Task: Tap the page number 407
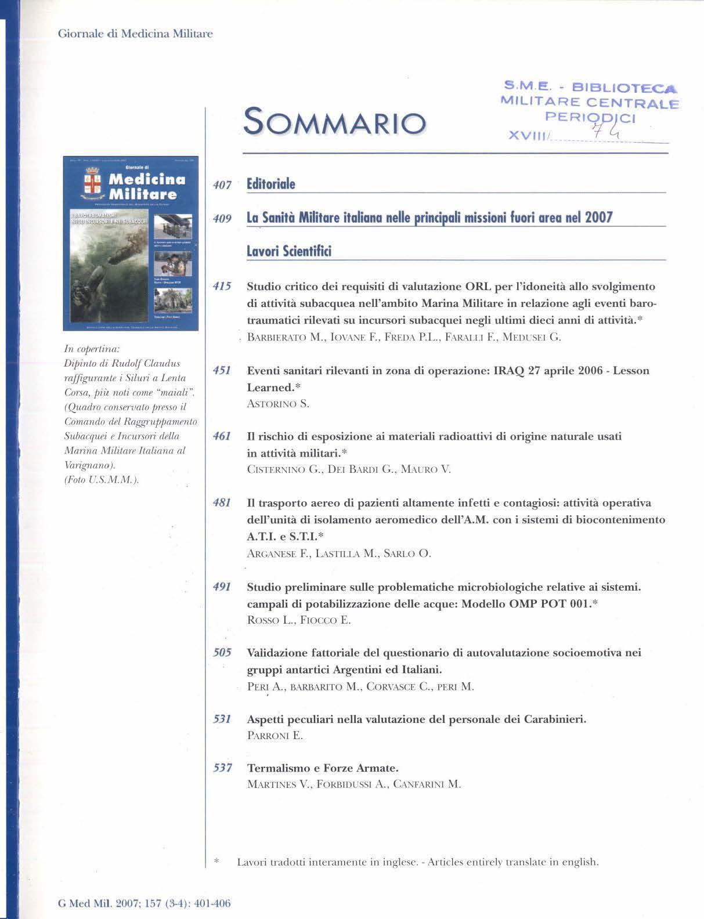pyautogui.click(x=222, y=185)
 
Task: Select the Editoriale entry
pyautogui.click(x=271, y=184)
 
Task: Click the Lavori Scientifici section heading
pyautogui.click(x=289, y=252)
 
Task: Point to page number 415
pyautogui.click(x=222, y=286)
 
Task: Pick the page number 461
pyautogui.click(x=222, y=436)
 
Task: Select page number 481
pyautogui.click(x=222, y=502)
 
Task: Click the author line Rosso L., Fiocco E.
pyautogui.click(x=299, y=620)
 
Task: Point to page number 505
pyautogui.click(x=222, y=653)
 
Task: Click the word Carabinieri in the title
pyautogui.click(x=555, y=719)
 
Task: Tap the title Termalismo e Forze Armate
pyautogui.click(x=323, y=768)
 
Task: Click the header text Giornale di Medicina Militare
pyautogui.click(x=135, y=34)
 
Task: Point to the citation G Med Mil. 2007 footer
pyautogui.click(x=145, y=903)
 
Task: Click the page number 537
pyautogui.click(x=222, y=768)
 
